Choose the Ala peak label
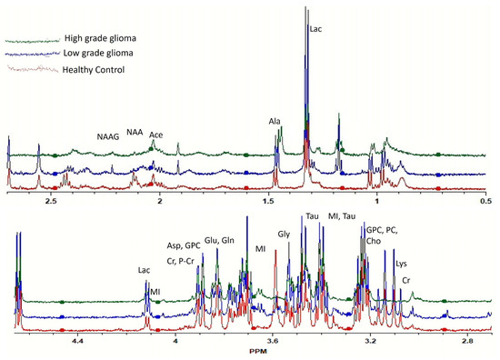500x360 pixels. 275,121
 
